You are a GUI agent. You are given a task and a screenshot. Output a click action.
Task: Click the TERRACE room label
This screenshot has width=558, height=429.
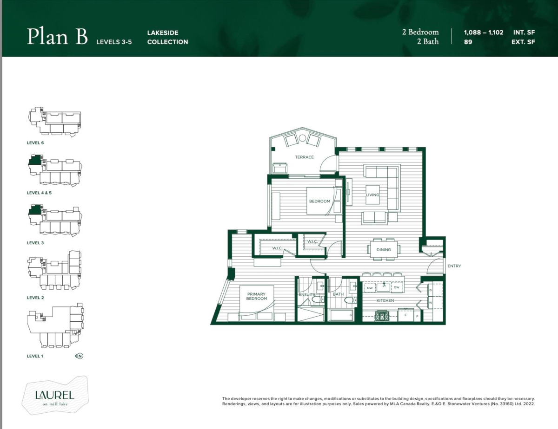[304, 157]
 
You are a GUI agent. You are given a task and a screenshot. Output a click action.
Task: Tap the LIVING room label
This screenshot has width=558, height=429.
[372, 195]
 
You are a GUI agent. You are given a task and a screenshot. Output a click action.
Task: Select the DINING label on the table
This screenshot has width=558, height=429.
[384, 250]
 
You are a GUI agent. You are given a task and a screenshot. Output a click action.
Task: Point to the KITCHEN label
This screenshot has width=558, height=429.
[385, 300]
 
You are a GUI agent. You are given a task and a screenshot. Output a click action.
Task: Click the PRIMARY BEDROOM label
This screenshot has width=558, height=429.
[257, 296]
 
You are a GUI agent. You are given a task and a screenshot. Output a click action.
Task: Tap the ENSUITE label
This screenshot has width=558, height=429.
[307, 294]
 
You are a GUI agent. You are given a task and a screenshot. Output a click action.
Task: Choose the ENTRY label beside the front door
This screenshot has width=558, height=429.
[454, 266]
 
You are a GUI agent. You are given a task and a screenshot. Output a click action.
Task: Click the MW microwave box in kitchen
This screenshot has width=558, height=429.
[370, 288]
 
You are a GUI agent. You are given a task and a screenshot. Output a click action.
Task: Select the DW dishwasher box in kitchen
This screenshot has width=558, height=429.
[397, 287]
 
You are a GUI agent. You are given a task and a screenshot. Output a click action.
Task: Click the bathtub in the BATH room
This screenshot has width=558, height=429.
[341, 315]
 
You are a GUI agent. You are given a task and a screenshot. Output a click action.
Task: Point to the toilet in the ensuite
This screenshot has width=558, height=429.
[318, 299]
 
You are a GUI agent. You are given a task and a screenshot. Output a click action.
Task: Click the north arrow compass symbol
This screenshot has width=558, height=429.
[80, 356]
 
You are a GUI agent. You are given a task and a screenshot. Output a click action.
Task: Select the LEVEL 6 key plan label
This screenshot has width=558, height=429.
[35, 143]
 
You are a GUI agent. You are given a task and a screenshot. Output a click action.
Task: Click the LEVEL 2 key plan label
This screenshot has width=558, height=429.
[35, 298]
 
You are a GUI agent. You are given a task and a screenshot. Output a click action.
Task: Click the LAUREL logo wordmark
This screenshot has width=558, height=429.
[55, 395]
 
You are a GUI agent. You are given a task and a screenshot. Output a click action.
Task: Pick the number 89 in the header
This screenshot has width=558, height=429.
[468, 42]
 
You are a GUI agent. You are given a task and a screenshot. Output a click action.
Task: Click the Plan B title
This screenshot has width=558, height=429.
[57, 36]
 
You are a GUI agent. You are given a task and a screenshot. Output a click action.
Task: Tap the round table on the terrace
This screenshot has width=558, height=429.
[302, 138]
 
